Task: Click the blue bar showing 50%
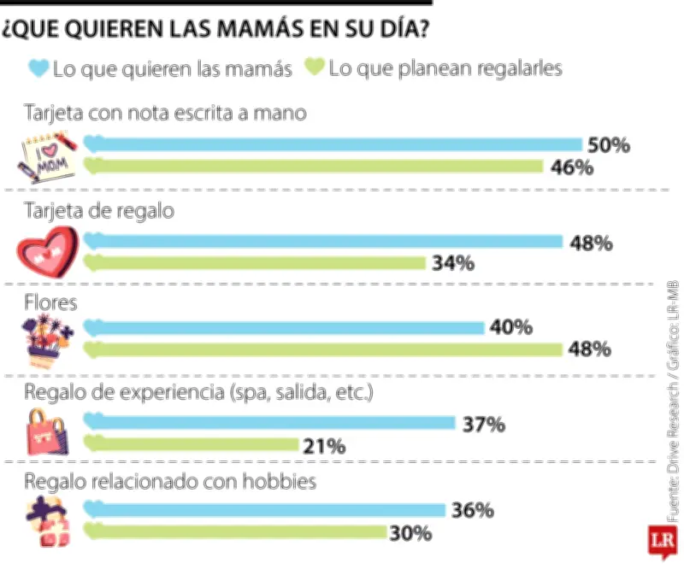[333, 144]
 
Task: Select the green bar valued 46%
[313, 166]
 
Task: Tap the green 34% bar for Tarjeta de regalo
[254, 263]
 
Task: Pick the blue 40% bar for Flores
[284, 327]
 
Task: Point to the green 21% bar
[191, 444]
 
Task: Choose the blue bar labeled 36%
[264, 509]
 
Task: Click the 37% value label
[484, 425]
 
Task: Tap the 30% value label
[410, 533]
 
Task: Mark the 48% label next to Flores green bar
[589, 349]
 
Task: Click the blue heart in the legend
[38, 68]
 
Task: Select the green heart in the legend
[315, 67]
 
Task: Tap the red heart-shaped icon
[48, 251]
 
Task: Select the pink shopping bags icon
[47, 432]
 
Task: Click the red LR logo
[663, 542]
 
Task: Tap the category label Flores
[50, 302]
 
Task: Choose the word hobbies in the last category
[280, 481]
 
